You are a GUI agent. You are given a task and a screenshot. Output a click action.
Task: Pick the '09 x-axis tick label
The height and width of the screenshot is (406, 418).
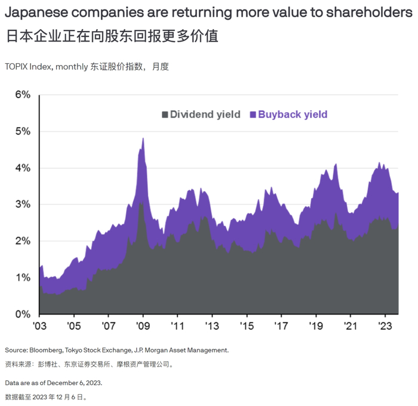tap(142, 327)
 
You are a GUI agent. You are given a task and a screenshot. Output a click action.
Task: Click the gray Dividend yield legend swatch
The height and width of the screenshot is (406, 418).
tap(164, 114)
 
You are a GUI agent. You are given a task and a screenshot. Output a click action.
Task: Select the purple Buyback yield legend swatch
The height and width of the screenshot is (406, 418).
tap(253, 114)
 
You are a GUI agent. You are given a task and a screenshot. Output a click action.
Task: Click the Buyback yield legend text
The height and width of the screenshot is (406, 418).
tap(293, 114)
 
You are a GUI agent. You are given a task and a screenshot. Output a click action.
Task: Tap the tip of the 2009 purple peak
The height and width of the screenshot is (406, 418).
tap(143, 138)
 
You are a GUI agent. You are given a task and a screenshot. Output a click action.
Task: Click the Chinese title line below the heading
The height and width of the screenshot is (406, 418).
tap(112, 36)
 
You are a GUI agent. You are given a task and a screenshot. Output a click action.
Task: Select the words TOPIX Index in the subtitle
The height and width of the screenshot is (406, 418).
tap(29, 67)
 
